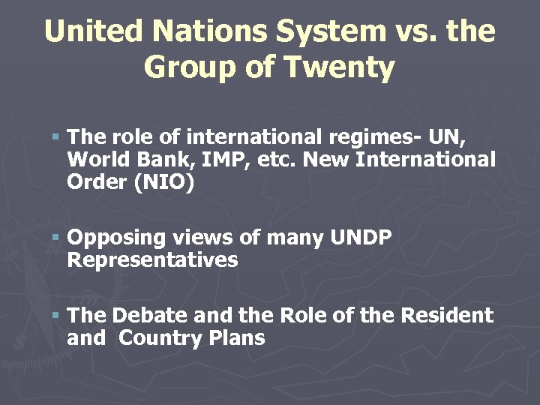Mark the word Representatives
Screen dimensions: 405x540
point(152,260)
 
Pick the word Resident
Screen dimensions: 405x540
point(446,316)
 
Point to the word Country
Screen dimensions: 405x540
point(158,338)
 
